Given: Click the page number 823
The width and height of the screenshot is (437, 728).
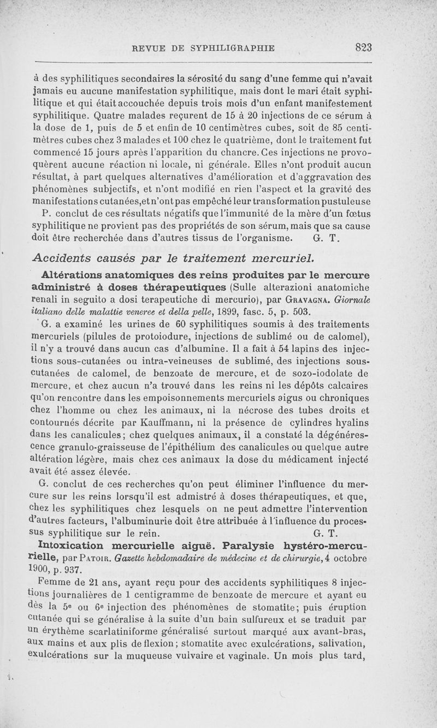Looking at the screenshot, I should (x=363, y=48).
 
